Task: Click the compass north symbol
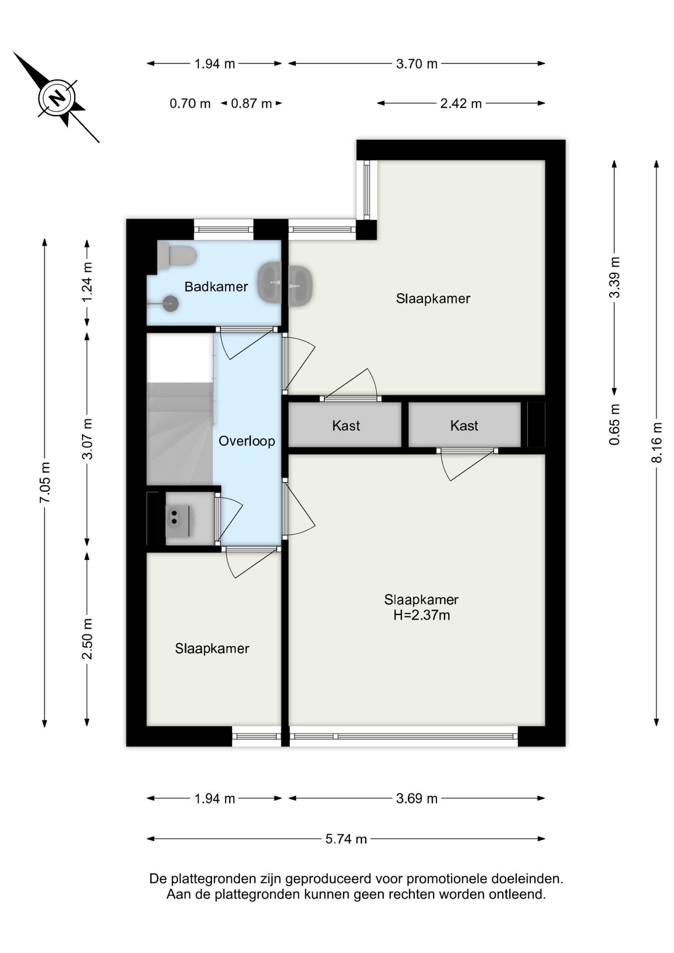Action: click(x=56, y=97)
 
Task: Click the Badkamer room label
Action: click(x=216, y=286)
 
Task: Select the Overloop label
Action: click(x=247, y=441)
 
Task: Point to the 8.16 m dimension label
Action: click(x=657, y=442)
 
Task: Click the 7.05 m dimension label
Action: click(x=45, y=482)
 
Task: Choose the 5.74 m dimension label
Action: click(x=346, y=839)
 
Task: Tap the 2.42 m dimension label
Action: click(x=461, y=103)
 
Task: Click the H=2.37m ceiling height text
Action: click(x=421, y=615)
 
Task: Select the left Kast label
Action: click(x=346, y=425)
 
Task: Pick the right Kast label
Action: click(x=464, y=425)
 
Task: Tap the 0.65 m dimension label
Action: click(x=614, y=424)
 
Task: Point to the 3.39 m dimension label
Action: click(x=614, y=277)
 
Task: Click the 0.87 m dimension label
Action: click(x=251, y=104)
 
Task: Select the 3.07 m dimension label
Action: click(x=87, y=439)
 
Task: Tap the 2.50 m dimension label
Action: click(x=87, y=639)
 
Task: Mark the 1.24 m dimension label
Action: click(x=87, y=281)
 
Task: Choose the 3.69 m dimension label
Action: click(x=417, y=798)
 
